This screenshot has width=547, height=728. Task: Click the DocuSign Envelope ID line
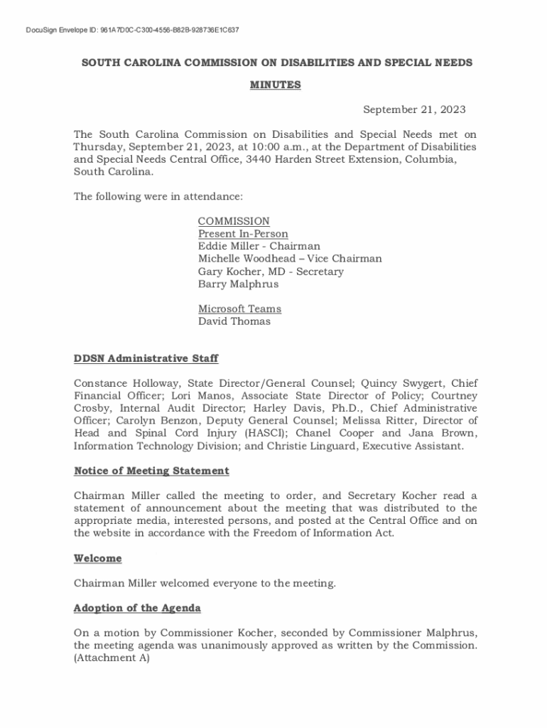click(x=131, y=31)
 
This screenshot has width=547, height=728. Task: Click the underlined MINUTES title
click(x=275, y=85)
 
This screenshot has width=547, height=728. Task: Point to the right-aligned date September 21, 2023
click(x=414, y=109)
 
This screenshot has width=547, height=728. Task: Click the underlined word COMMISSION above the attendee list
click(x=234, y=221)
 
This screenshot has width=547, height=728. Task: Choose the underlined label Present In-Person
click(x=243, y=234)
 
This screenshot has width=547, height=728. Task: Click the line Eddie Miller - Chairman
click(x=259, y=246)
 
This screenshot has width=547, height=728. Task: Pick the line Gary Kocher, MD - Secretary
click(x=271, y=272)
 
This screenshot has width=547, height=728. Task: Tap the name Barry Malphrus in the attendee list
click(x=238, y=284)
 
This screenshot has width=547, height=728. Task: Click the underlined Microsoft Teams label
click(x=239, y=309)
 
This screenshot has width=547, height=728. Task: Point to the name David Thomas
click(x=234, y=321)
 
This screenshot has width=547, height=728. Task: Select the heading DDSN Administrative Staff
click(x=146, y=359)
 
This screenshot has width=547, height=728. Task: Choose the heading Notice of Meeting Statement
click(x=151, y=471)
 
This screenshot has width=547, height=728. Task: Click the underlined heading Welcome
click(x=97, y=559)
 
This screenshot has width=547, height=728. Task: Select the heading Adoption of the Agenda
click(x=137, y=609)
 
